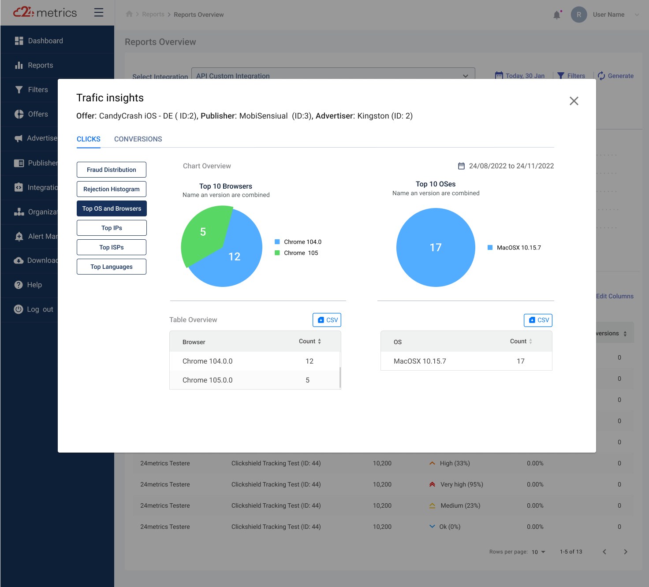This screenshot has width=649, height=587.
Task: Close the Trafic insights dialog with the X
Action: (574, 101)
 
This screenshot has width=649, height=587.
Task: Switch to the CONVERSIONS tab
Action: (138, 139)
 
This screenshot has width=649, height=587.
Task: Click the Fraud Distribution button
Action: (112, 170)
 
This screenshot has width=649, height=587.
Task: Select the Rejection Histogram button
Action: (112, 189)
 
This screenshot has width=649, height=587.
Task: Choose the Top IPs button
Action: (112, 228)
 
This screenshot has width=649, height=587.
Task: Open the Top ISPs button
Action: (112, 247)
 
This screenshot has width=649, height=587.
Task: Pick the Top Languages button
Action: (112, 267)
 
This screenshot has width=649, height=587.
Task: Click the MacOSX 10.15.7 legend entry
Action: (518, 248)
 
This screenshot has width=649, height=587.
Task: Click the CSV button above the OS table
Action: (538, 320)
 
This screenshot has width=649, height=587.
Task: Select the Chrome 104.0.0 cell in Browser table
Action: (208, 361)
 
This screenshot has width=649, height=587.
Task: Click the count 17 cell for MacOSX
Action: (521, 361)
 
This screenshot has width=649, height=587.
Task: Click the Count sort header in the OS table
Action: (521, 342)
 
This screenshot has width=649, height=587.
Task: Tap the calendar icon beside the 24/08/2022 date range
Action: (461, 166)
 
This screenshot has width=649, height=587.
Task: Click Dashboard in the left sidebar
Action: (45, 41)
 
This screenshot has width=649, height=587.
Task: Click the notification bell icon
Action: (557, 15)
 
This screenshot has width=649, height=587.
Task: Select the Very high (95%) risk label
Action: (462, 485)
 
